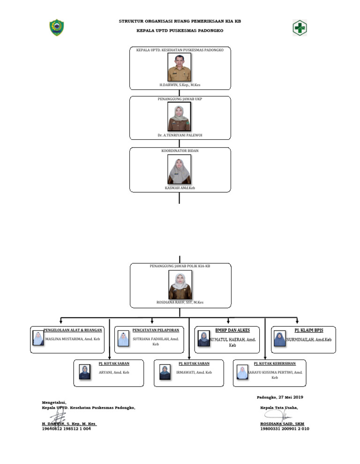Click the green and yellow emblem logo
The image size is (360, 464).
56,28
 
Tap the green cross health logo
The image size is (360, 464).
300,28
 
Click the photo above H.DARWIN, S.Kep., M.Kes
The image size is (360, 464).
180,67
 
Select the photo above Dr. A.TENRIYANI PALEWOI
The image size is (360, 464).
180,117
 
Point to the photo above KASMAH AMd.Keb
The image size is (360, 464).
180,170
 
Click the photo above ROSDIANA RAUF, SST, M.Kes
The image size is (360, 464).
180,284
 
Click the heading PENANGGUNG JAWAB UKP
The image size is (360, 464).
180,99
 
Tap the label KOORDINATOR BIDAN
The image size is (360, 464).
180,151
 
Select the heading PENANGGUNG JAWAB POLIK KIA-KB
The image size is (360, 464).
180,266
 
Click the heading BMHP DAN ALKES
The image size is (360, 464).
232,330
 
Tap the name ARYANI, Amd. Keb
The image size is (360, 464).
114,372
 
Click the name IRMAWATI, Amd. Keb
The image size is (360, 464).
194,372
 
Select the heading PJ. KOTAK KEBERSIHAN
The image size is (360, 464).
275,363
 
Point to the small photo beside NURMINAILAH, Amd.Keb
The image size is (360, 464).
279,339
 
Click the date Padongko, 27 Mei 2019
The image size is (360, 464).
280,397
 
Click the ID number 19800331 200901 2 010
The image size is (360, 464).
285,428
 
